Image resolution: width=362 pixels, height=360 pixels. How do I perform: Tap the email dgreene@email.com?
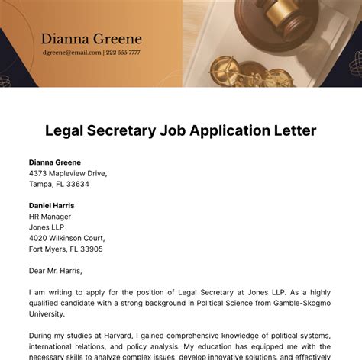pos(71,53)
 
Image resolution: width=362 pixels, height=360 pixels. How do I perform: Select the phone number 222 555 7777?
pos(123,53)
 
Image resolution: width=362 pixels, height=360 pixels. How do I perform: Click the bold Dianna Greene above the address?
pos(55,162)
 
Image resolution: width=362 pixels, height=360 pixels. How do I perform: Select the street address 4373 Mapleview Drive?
pos(68,173)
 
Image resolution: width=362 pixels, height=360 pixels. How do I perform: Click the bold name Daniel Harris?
pos(52,206)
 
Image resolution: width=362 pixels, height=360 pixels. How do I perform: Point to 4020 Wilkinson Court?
pos(67,238)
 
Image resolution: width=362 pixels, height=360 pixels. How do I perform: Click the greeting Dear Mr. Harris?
pos(55,271)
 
